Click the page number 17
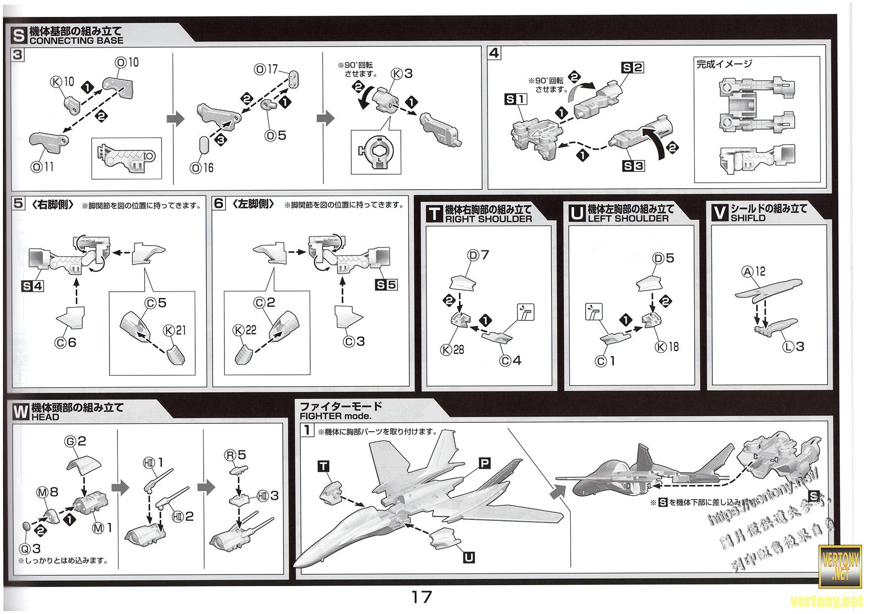(x=422, y=597)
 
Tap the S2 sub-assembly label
(x=632, y=67)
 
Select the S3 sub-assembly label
(x=633, y=165)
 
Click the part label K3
(x=402, y=74)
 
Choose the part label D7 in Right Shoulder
(x=478, y=255)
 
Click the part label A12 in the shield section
(x=753, y=271)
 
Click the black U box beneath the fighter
(x=468, y=558)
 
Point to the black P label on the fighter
(x=484, y=463)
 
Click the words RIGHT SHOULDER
(x=488, y=219)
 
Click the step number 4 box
(x=494, y=53)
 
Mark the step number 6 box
(x=219, y=204)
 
